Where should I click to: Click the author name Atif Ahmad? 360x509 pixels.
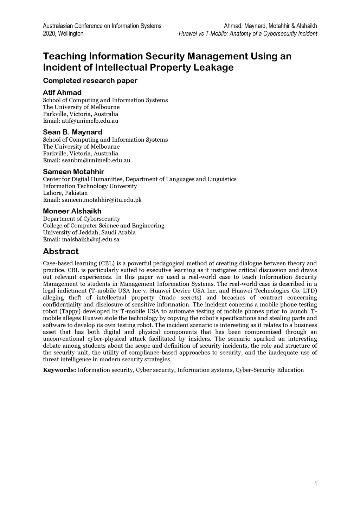[62, 92]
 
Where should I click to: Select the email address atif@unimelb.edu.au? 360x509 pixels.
[90, 121]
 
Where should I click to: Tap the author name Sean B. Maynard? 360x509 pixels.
[72, 132]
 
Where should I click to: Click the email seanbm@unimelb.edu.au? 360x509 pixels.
[96, 160]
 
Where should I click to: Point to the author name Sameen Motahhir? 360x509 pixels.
[73, 172]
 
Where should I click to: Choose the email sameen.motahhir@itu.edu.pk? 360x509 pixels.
[102, 200]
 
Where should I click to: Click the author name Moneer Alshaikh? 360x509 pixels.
[72, 211]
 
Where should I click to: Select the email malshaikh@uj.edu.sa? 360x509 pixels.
[91, 239]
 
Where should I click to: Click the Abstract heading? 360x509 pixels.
[60, 251]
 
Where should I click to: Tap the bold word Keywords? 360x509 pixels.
[59, 370]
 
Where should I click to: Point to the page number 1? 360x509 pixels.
[315, 484]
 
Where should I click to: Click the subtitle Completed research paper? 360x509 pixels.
[90, 80]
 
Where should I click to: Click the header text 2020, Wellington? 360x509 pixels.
[63, 34]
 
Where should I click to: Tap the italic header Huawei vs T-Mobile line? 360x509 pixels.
[247, 34]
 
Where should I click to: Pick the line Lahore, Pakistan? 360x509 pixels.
[65, 193]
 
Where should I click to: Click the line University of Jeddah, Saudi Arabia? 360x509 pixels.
[89, 232]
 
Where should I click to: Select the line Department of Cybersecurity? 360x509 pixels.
[82, 219]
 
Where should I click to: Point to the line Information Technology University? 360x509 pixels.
[90, 186]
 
